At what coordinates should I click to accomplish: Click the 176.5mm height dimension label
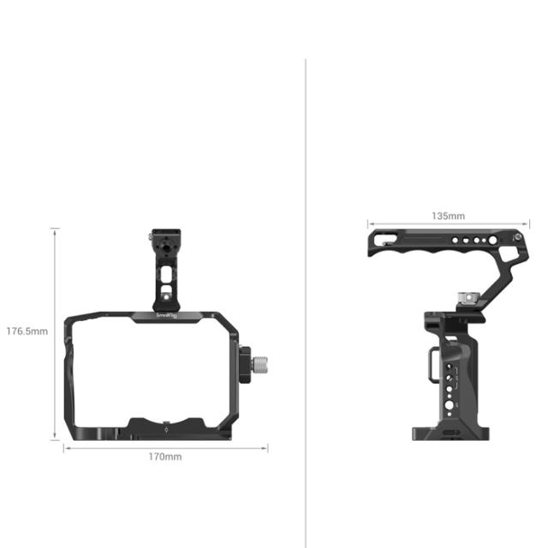[x=27, y=331]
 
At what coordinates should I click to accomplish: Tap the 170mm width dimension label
[x=165, y=457]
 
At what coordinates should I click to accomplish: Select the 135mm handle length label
[x=447, y=215]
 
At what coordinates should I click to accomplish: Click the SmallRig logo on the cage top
[x=167, y=316]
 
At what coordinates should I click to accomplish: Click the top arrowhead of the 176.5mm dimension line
[x=56, y=230]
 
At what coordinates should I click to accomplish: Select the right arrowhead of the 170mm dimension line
[x=265, y=447]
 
